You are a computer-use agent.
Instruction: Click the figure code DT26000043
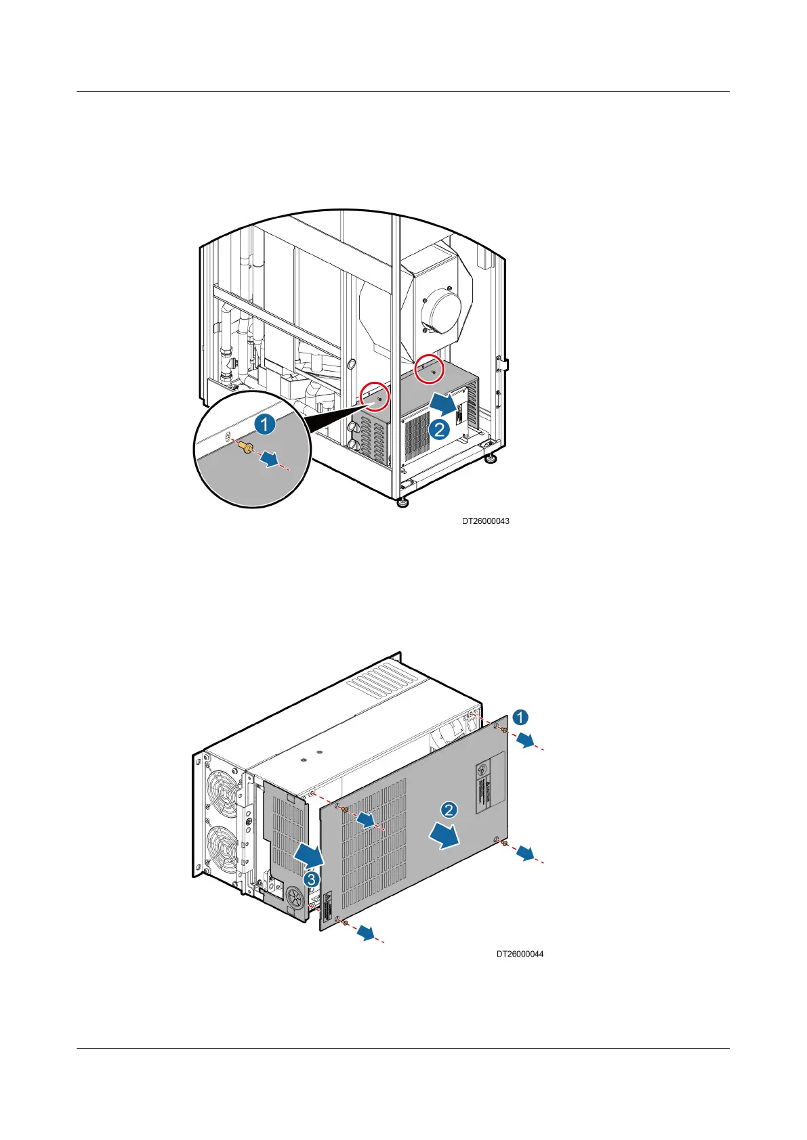pos(485,521)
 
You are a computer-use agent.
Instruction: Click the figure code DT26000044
pos(520,954)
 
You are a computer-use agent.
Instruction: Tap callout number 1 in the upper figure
pos(264,425)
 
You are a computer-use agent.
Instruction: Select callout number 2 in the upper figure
pos(440,429)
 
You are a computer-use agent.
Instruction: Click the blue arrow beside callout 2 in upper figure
pos(444,405)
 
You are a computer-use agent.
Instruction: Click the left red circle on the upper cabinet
pos(375,397)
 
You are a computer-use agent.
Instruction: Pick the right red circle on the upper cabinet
pos(430,369)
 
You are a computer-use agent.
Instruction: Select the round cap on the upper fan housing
pos(441,313)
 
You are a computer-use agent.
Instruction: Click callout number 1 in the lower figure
pos(520,718)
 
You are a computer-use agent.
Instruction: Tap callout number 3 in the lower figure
pos(310,880)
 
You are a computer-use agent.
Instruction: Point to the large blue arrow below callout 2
pos(444,838)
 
